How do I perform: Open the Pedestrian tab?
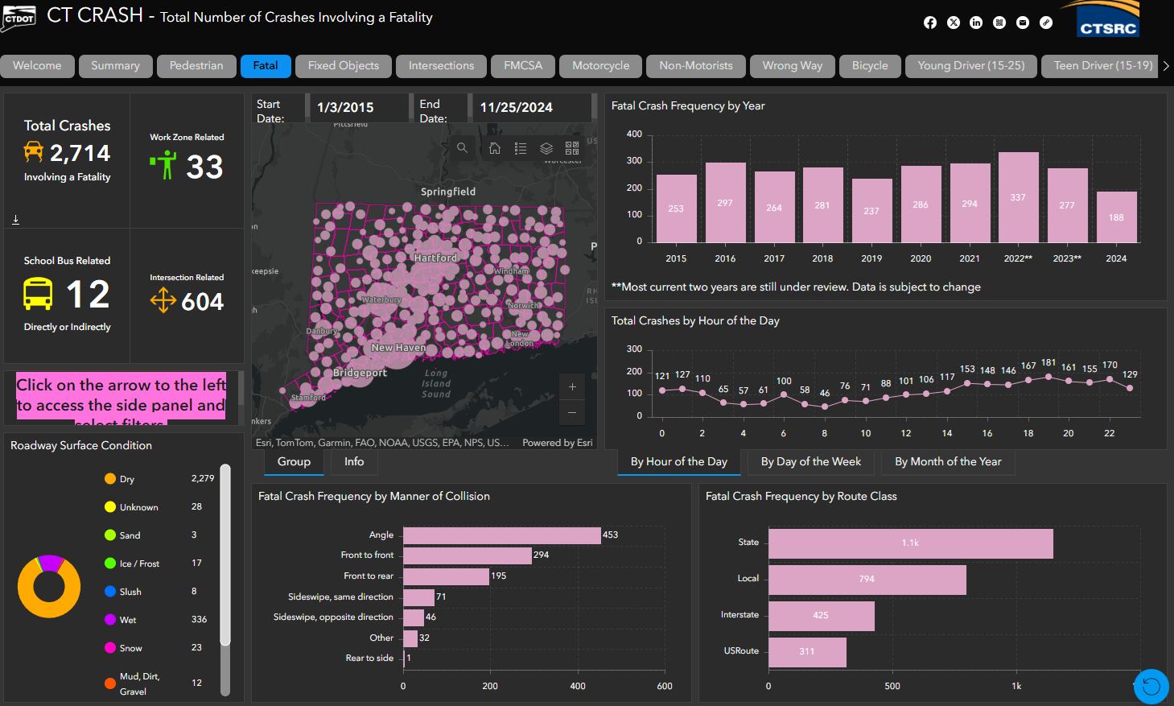pos(196,66)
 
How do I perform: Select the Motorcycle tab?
pos(600,66)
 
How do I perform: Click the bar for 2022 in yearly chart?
pos(1018,197)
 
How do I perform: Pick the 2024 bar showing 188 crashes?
pos(1116,217)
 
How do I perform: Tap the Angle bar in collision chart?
pos(501,535)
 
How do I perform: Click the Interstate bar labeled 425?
pos(821,615)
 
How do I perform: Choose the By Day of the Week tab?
pos(810,462)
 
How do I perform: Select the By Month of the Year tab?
pos(948,462)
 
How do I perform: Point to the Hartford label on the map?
pos(435,258)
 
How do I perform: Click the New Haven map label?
pos(398,348)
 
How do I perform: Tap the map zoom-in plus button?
pos(572,387)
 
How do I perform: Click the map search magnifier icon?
pos(462,148)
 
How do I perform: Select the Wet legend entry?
pos(128,620)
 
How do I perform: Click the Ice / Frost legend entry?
pos(138,564)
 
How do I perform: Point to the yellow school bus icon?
pos(38,294)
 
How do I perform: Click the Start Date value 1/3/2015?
pos(346,108)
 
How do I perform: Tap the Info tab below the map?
pos(354,462)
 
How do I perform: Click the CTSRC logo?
pos(1107,21)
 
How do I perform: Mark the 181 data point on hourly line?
pos(1048,376)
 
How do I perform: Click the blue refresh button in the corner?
pos(1151,687)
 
